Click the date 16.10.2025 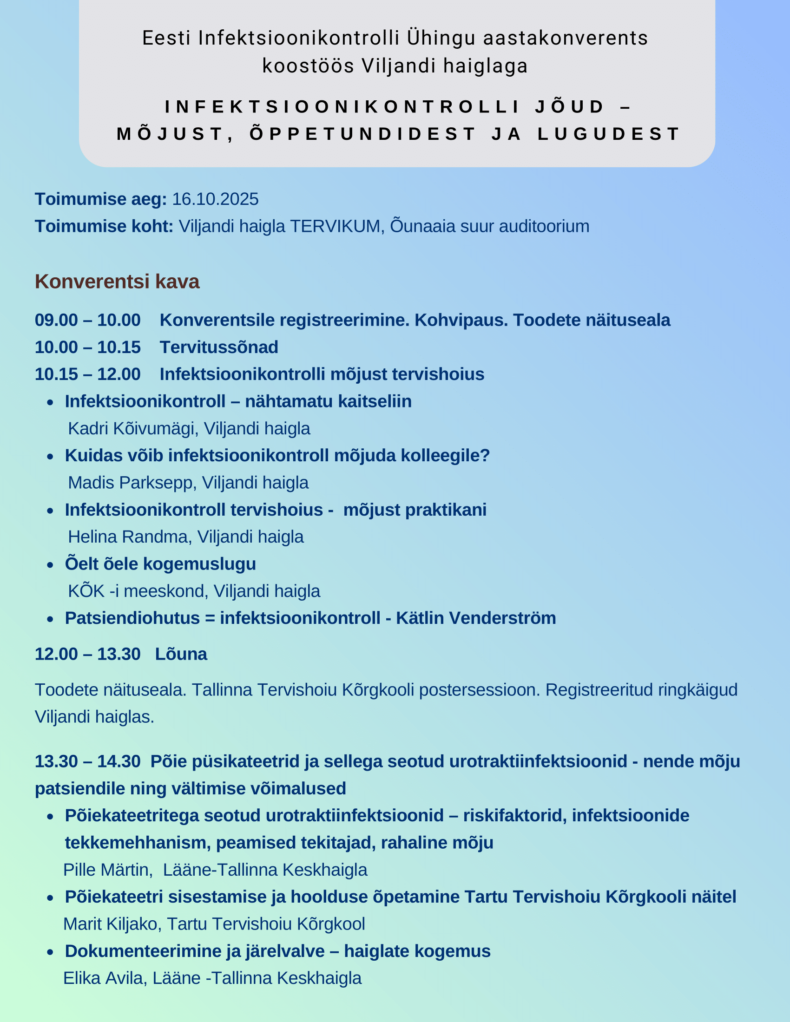(215, 199)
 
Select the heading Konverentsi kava (117, 282)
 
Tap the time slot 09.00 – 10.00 (87, 320)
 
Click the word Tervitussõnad (219, 347)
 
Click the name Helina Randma (128, 537)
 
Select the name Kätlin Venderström (476, 618)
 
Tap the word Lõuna (181, 654)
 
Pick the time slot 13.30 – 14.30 (87, 761)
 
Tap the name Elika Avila (103, 978)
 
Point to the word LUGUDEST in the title (608, 134)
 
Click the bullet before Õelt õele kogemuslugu (51, 565)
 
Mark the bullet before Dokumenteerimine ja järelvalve (51, 952)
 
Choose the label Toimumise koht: (104, 227)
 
